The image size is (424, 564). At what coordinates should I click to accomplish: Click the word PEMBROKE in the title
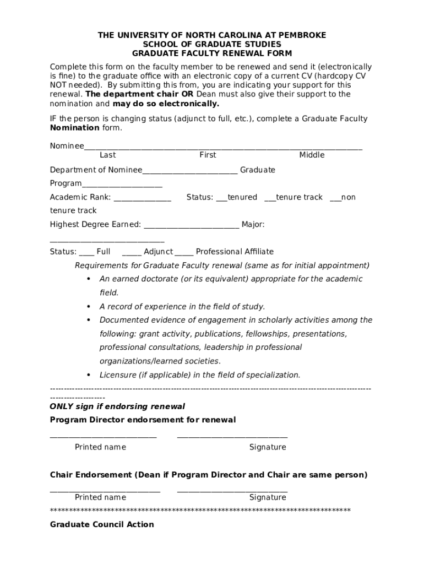point(302,35)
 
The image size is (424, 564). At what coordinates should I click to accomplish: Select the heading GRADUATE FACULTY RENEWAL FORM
point(212,53)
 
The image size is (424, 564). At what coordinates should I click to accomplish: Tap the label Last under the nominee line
point(108,155)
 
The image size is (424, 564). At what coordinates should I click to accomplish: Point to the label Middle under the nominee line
point(312,155)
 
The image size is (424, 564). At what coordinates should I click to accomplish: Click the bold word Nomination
point(75,128)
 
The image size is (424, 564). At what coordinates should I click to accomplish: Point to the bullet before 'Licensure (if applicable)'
point(89,375)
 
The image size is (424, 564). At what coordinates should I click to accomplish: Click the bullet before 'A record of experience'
point(89,306)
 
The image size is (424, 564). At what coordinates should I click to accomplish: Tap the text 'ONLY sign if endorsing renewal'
point(117,406)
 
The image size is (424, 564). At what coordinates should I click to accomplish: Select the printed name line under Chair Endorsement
point(105,489)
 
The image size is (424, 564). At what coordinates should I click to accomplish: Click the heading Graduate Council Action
point(102,524)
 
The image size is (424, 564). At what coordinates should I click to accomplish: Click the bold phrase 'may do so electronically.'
point(166,104)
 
